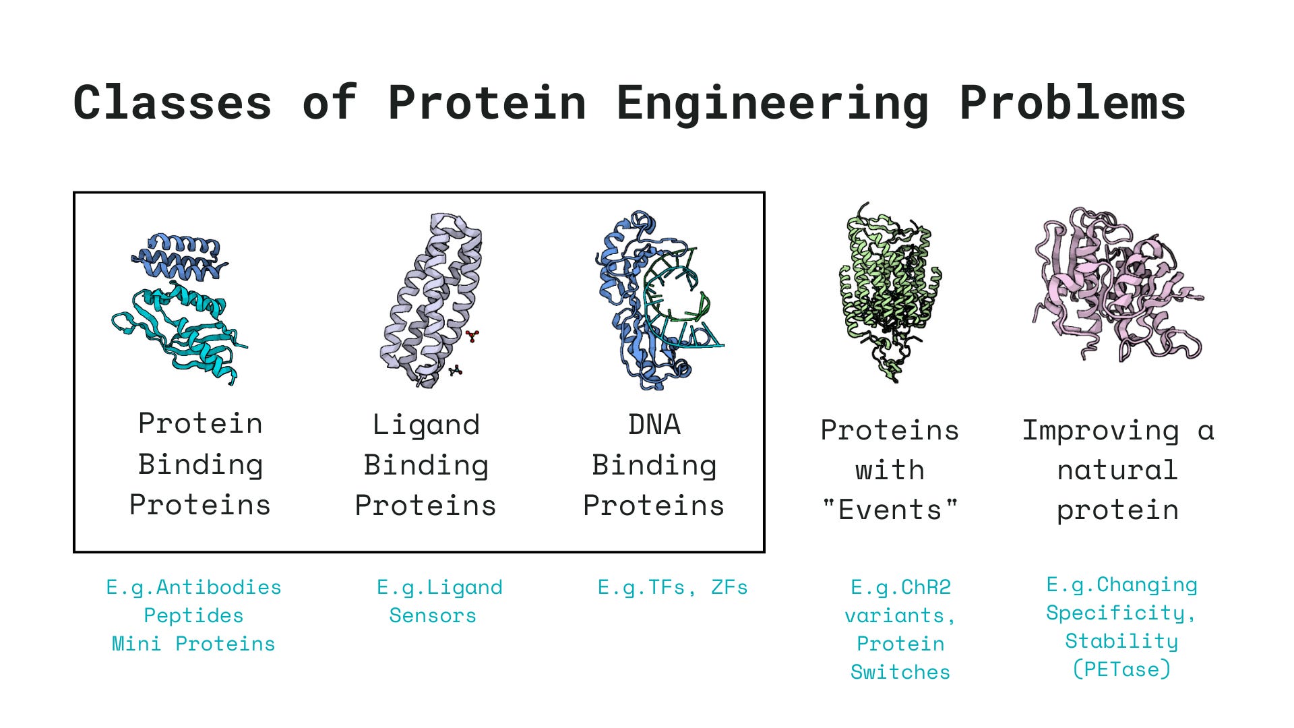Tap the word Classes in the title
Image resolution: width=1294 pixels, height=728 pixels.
pyautogui.click(x=173, y=103)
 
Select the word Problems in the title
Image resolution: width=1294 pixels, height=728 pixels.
pyautogui.click(x=1072, y=103)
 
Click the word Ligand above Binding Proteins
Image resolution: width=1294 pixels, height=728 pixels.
pyautogui.click(x=426, y=425)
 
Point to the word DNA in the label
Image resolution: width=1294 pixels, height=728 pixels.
pyautogui.click(x=654, y=425)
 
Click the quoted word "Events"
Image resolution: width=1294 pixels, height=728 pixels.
pyautogui.click(x=890, y=510)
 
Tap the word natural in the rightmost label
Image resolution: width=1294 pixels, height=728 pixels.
pyautogui.click(x=1117, y=471)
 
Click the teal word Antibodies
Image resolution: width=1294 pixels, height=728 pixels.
pyautogui.click(x=218, y=587)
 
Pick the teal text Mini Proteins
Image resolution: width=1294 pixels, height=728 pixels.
pyautogui.click(x=193, y=644)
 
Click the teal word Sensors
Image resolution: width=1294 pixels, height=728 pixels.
pyautogui.click(x=433, y=615)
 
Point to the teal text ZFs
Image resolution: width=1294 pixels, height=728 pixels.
pyautogui.click(x=729, y=587)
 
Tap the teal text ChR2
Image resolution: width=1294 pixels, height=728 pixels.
pyautogui.click(x=926, y=587)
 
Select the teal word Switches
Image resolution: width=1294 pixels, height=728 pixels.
pyautogui.click(x=900, y=672)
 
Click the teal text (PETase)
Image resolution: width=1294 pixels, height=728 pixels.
pyautogui.click(x=1121, y=669)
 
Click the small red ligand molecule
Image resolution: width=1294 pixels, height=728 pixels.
pyautogui.click(x=472, y=336)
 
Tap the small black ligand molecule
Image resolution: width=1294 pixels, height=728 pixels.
pyautogui.click(x=456, y=370)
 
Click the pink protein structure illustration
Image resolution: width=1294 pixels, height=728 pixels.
pyautogui.click(x=1115, y=283)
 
